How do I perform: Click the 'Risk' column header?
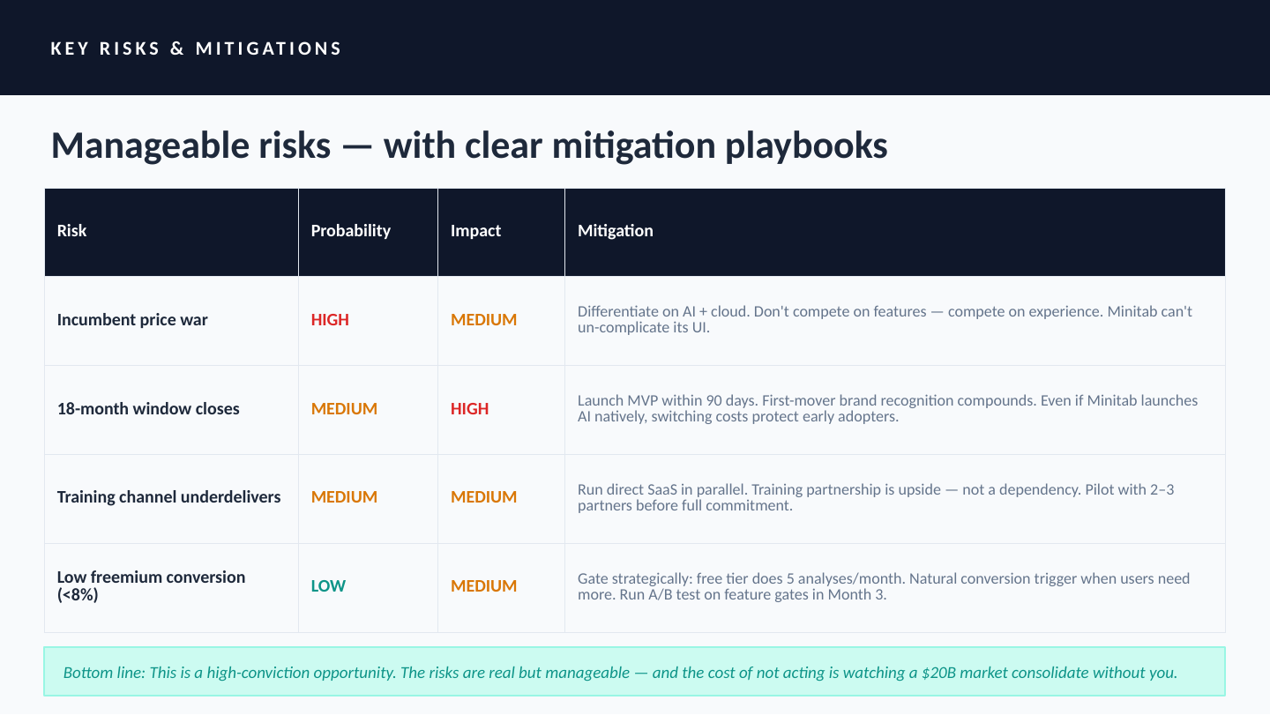71,231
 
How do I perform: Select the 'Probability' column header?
350,231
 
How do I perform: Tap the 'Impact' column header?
475,231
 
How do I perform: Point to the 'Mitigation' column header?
616,231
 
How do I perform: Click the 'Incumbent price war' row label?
132,320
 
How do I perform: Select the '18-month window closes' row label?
148,409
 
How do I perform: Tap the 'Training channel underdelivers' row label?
169,497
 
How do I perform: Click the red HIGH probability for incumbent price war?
330,320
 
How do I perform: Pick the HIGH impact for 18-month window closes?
469,409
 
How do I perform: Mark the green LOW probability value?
328,585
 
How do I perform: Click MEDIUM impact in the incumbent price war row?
483,320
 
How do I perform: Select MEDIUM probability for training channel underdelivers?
344,497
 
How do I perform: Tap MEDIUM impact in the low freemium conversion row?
483,585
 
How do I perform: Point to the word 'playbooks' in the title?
806,146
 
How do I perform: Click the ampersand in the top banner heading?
177,48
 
